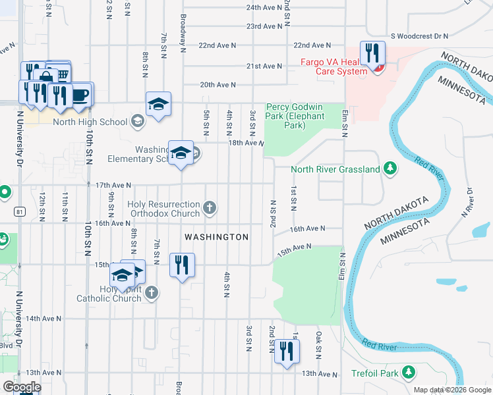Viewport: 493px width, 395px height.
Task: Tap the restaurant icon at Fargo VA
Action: (372, 53)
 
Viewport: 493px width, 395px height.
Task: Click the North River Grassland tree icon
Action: (390, 170)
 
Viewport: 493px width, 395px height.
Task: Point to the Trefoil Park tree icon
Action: (409, 373)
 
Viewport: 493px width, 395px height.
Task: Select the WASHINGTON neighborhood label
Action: (216, 237)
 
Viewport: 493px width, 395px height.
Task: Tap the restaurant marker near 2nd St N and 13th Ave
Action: (286, 350)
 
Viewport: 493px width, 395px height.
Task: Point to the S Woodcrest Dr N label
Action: (419, 36)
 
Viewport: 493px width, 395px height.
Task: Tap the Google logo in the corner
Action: (22, 387)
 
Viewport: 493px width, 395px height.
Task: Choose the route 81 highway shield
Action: (20, 211)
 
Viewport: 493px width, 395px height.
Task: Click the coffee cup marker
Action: (80, 93)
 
